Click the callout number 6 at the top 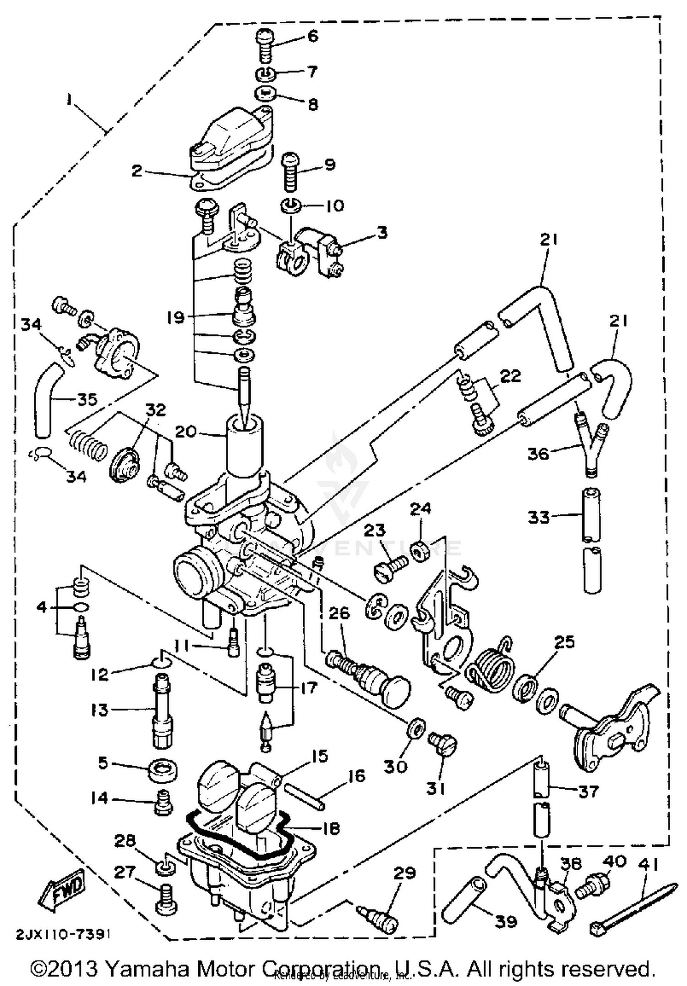(313, 36)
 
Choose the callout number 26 (339, 613)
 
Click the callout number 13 (99, 710)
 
